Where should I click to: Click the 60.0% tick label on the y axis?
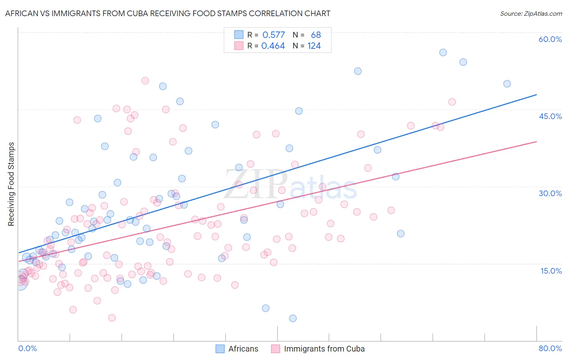[x=550, y=39]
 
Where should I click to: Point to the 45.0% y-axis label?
[x=550, y=116]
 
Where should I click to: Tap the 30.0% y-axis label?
[x=550, y=193]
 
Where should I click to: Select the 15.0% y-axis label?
[x=551, y=271]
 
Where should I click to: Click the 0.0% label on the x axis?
[x=27, y=348]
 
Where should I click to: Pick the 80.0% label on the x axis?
[x=550, y=348]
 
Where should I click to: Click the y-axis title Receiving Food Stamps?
[x=11, y=184]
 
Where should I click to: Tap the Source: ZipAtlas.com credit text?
[x=531, y=13]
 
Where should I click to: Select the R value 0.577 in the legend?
[x=273, y=35]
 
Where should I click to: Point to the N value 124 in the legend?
[x=314, y=46]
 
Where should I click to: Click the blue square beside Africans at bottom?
[x=220, y=349]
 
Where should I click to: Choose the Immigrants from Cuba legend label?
[x=324, y=349]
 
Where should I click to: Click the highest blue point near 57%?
[x=443, y=52]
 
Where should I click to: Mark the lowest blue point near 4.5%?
[x=293, y=318]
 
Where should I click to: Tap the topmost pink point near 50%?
[x=145, y=81]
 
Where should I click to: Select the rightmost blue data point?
[x=507, y=84]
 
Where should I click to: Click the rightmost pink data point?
[x=452, y=102]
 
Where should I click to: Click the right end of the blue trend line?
[x=536, y=94]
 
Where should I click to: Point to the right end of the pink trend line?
[x=536, y=142]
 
